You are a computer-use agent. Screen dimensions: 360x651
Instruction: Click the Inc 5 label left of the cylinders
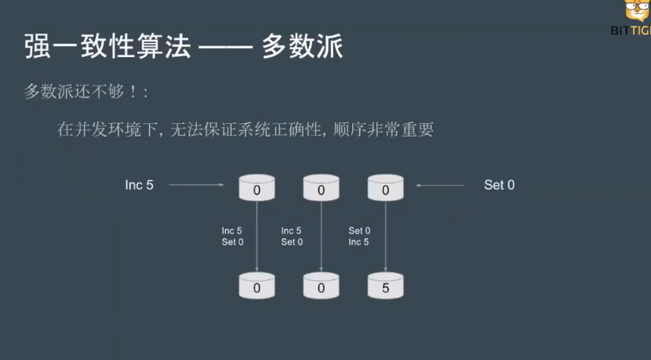point(140,185)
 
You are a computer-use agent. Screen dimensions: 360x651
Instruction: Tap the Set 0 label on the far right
point(500,185)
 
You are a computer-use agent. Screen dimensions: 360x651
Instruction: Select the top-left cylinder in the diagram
point(256,188)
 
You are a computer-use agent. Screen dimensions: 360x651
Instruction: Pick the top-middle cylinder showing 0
point(321,188)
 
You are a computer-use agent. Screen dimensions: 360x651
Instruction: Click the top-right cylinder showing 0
point(385,188)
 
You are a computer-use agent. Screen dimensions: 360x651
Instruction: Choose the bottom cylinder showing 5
point(385,286)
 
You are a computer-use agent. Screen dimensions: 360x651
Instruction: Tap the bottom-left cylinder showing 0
point(256,286)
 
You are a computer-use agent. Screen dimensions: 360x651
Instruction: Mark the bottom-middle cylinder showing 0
point(321,286)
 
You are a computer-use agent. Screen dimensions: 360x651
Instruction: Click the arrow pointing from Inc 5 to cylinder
point(196,185)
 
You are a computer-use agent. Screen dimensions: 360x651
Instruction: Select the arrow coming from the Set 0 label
point(440,185)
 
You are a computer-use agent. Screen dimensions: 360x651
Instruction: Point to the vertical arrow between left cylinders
point(256,235)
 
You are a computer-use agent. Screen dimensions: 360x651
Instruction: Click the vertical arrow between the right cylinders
point(385,235)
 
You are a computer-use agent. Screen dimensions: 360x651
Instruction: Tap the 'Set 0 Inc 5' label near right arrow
point(359,236)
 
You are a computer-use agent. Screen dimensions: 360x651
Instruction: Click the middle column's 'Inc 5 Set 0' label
point(292,236)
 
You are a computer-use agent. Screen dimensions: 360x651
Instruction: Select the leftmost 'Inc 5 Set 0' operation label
point(232,236)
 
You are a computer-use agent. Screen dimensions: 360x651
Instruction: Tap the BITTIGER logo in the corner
point(631,20)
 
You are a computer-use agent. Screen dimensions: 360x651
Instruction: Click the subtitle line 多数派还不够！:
point(86,91)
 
